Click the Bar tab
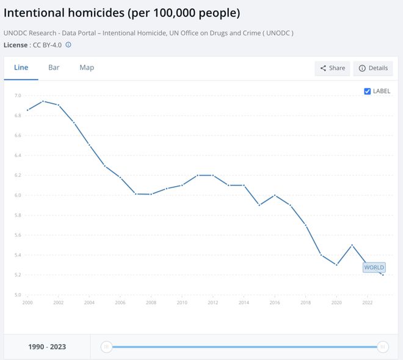[54, 68]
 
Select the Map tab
[87, 68]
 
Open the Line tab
[21, 68]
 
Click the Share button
[332, 68]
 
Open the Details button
[373, 68]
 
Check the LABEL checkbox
[368, 92]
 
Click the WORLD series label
[374, 267]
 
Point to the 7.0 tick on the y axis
[17, 96]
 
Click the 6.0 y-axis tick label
[17, 195]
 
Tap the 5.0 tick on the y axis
[17, 295]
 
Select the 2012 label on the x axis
[212, 303]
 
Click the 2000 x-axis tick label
[27, 303]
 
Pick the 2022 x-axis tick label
[368, 303]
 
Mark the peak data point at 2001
[43, 101]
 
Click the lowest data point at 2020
[336, 265]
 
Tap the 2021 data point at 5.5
[352, 245]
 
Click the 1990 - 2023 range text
[47, 347]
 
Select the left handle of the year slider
[106, 347]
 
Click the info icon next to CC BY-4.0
[68, 45]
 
